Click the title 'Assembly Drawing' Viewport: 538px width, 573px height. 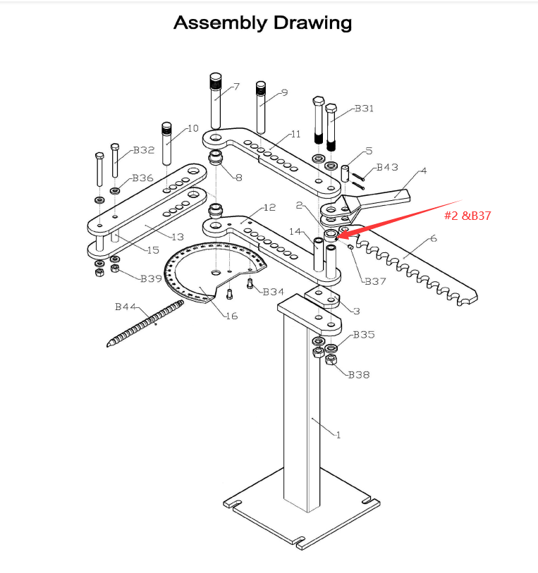pos(262,23)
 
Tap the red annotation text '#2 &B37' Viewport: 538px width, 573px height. pos(467,216)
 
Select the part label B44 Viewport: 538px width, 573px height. pos(126,307)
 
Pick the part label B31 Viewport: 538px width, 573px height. pos(364,109)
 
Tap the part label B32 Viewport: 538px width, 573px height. pos(144,150)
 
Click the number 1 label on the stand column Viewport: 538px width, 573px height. pos(338,435)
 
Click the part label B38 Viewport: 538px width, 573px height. pos(359,375)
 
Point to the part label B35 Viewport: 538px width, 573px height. pos(364,334)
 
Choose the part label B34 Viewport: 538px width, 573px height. pos(274,292)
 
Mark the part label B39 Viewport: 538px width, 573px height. pos(151,278)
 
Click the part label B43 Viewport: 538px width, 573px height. pos(387,168)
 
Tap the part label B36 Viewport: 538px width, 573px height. pos(142,178)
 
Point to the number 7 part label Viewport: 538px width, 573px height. pos(236,87)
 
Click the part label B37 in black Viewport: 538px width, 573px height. pos(374,281)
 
